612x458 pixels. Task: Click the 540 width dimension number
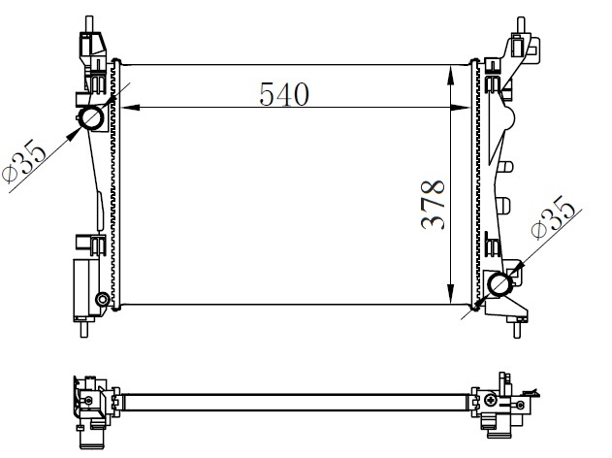coord(283,94)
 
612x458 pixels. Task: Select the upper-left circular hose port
coord(93,119)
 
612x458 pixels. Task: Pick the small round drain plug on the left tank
coord(102,298)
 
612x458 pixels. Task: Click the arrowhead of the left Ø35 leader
coord(79,129)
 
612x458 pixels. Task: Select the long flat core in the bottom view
coord(291,399)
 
